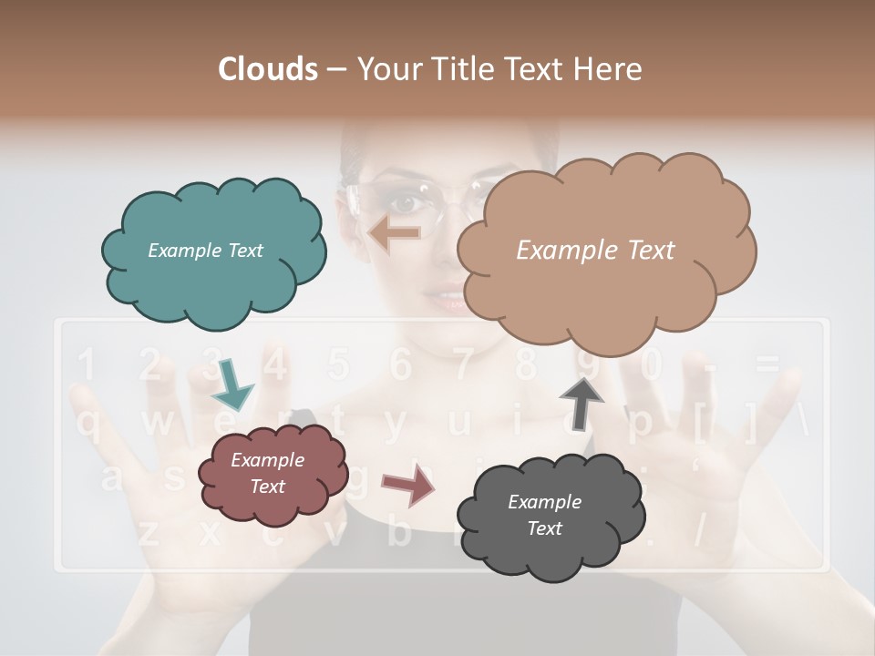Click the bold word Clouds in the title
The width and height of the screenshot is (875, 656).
coord(267,69)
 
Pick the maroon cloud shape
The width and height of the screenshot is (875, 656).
coord(272,474)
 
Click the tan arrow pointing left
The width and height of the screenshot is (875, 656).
coord(395,233)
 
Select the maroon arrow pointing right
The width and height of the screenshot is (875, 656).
coord(408,485)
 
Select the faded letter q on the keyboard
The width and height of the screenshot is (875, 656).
coord(88,423)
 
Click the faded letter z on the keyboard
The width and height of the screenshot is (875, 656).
coord(149,532)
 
